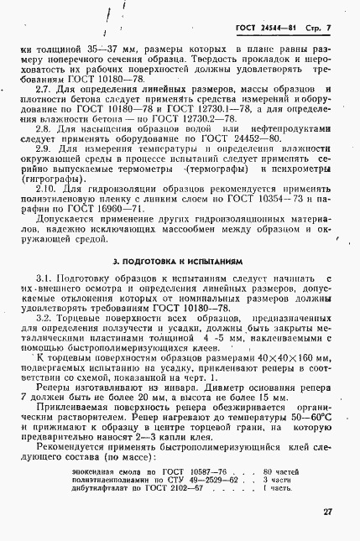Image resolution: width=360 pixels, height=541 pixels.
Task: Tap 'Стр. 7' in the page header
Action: point(317,29)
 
